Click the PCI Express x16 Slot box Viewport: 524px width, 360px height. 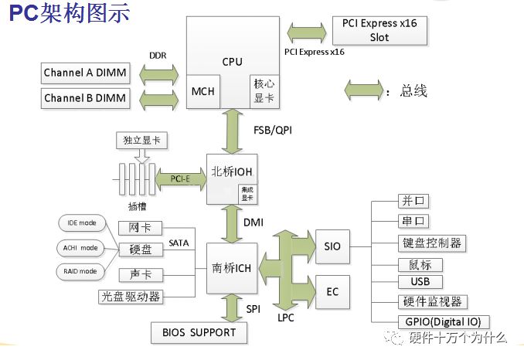coord(379,30)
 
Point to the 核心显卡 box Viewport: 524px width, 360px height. coord(260,91)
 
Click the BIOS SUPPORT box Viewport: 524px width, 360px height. coord(199,333)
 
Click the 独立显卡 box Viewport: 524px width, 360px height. coord(141,141)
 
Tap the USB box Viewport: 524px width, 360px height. coord(420,281)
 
